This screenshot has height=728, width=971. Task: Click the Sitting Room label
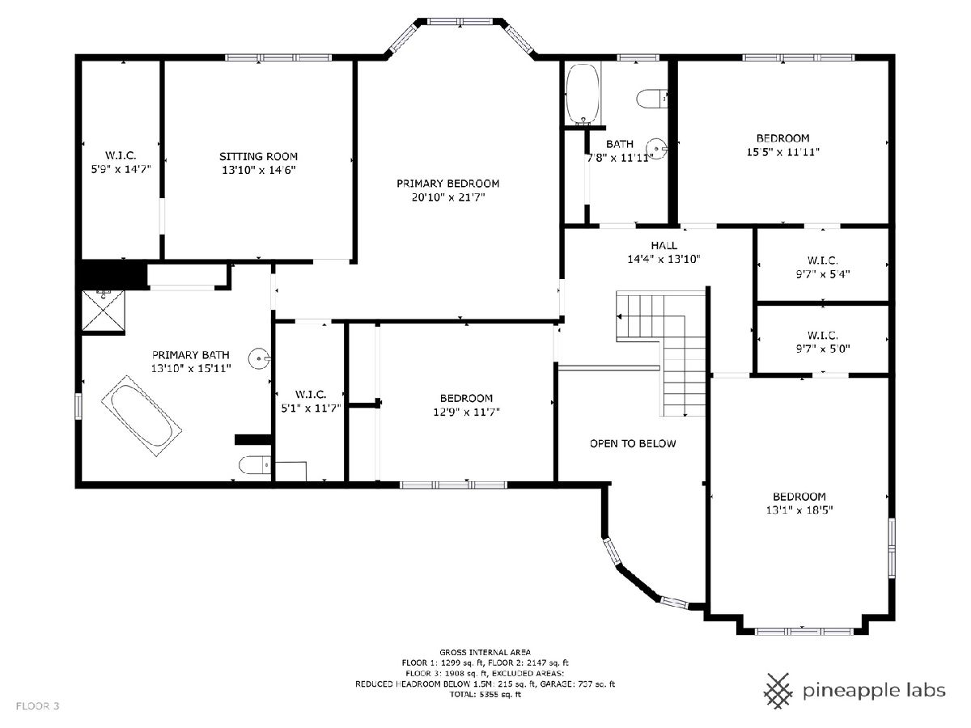258,156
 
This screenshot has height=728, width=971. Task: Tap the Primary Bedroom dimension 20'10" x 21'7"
448,197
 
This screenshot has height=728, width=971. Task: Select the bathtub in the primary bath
141,416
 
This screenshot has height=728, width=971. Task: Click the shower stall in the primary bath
104,311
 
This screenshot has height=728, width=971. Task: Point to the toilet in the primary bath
254,465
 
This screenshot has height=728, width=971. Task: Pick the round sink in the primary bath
259,358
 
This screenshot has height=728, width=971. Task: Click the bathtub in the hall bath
583,93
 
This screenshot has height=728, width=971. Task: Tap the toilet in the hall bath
651,98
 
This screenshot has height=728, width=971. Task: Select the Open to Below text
633,444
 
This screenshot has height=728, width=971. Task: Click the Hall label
664,245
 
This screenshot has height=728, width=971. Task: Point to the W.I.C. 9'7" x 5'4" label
822,267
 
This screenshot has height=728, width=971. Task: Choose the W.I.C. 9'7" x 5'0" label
822,341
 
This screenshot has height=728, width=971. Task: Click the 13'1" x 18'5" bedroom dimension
799,510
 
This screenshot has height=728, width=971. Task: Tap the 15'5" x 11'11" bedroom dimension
783,152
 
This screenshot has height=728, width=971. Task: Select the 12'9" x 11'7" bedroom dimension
466,412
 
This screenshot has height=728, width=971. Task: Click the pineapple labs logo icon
778,691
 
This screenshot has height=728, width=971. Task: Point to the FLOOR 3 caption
37,706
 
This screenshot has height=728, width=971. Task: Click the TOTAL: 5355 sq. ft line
485,694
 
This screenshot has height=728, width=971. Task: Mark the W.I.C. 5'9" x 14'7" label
121,163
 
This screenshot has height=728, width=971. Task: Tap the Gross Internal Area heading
485,652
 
